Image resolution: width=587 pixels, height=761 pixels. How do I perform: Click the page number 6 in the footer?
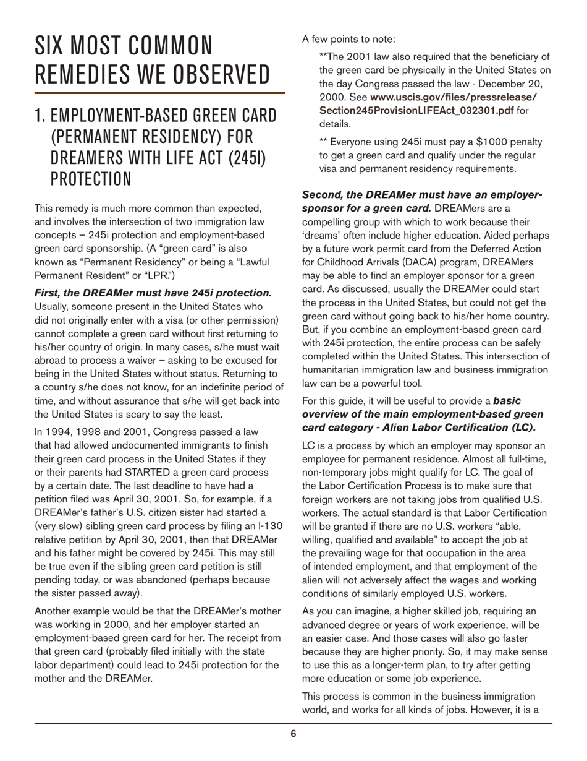pos(293,734)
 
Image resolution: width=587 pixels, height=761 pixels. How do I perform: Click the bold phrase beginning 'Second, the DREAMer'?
pos(421,194)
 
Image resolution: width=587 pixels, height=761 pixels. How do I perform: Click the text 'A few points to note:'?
pos(348,39)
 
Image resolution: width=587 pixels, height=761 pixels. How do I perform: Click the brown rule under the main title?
pos(159,93)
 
